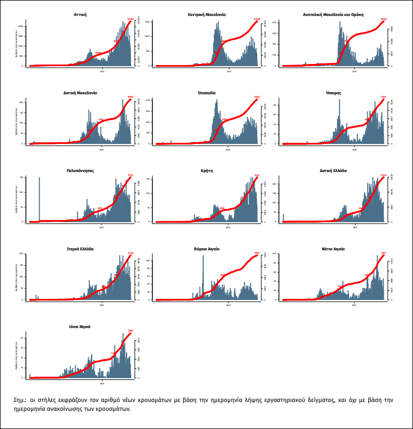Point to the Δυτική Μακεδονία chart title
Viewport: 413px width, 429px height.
click(x=81, y=93)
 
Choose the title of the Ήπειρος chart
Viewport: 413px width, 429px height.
click(x=333, y=93)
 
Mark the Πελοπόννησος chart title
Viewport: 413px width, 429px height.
click(x=80, y=170)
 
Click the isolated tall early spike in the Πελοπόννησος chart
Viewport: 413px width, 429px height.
click(x=39, y=199)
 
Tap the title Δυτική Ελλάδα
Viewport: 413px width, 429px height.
click(x=332, y=170)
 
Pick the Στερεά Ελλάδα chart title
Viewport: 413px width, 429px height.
click(x=80, y=249)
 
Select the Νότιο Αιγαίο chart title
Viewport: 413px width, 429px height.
click(x=332, y=249)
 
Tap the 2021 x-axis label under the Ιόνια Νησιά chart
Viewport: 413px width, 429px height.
click(x=102, y=383)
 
